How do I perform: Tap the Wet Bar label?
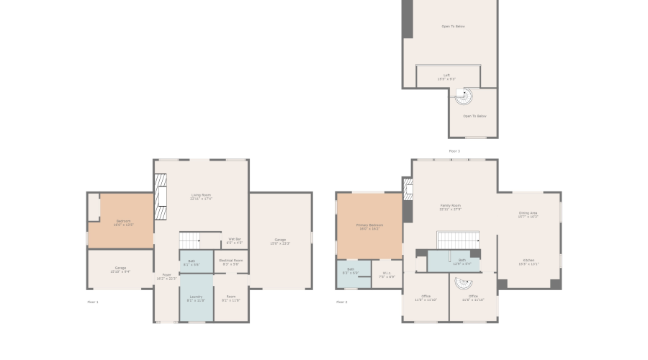click(234, 240)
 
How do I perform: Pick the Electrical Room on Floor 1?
click(231, 261)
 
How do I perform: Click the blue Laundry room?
click(196, 298)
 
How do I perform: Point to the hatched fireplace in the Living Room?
click(160, 196)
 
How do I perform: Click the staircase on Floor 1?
click(189, 239)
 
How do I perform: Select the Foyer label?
click(166, 276)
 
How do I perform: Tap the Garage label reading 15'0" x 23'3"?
click(280, 241)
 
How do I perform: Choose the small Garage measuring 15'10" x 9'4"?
click(120, 269)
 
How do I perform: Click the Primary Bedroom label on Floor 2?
click(370, 226)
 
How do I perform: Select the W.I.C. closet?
click(387, 274)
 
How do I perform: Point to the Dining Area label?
click(528, 214)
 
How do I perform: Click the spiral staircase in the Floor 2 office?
click(461, 284)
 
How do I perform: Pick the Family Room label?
click(450, 207)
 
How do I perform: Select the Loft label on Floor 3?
click(446, 76)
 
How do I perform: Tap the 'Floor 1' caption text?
click(93, 302)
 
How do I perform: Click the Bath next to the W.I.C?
click(351, 274)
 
